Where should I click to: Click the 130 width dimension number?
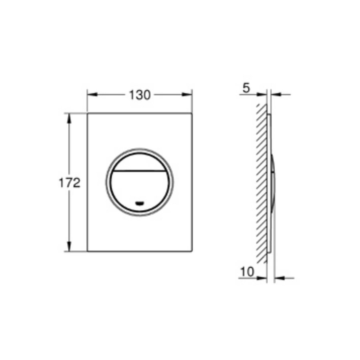tap(140, 95)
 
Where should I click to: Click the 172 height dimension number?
tap(70, 183)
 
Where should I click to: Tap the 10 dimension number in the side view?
tap(248, 272)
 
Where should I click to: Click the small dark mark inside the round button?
tap(140, 202)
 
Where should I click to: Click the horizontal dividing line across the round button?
tap(140, 170)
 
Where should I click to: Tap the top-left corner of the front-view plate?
tap(87, 114)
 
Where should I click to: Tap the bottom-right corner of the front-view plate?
tap(192, 252)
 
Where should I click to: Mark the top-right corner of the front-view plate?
tap(192, 114)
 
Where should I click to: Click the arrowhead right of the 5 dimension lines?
tap(276, 95)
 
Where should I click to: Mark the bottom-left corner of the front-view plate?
tap(87, 252)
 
